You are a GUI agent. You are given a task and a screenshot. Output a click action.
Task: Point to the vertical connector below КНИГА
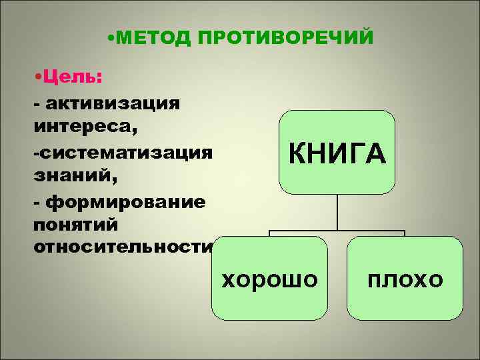[337, 213]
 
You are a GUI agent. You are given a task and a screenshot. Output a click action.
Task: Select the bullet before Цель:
[37, 78]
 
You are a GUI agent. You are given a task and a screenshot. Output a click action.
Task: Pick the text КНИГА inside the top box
[337, 153]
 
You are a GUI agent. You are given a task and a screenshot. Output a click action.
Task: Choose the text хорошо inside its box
[269, 279]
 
